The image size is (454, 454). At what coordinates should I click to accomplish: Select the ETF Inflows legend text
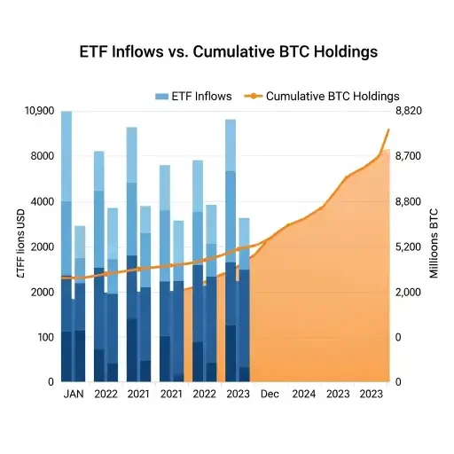pyautogui.click(x=203, y=96)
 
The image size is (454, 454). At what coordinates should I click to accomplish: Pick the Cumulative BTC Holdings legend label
pyautogui.click(x=333, y=96)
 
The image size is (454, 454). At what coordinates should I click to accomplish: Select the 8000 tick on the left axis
pyautogui.click(x=41, y=156)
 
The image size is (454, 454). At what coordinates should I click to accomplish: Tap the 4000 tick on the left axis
pyautogui.click(x=41, y=201)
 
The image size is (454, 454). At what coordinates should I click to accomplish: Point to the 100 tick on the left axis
pyautogui.click(x=43, y=337)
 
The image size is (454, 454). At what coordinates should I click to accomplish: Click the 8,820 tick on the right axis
pyautogui.click(x=410, y=111)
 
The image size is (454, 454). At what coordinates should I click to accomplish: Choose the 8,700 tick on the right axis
pyautogui.click(x=410, y=156)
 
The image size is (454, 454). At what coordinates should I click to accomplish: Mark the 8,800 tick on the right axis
pyautogui.click(x=410, y=201)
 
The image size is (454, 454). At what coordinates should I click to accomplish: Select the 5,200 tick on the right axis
pyautogui.click(x=410, y=247)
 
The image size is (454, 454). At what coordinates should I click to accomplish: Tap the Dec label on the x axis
pyautogui.click(x=270, y=394)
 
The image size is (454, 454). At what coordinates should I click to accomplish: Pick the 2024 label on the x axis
pyautogui.click(x=303, y=394)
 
